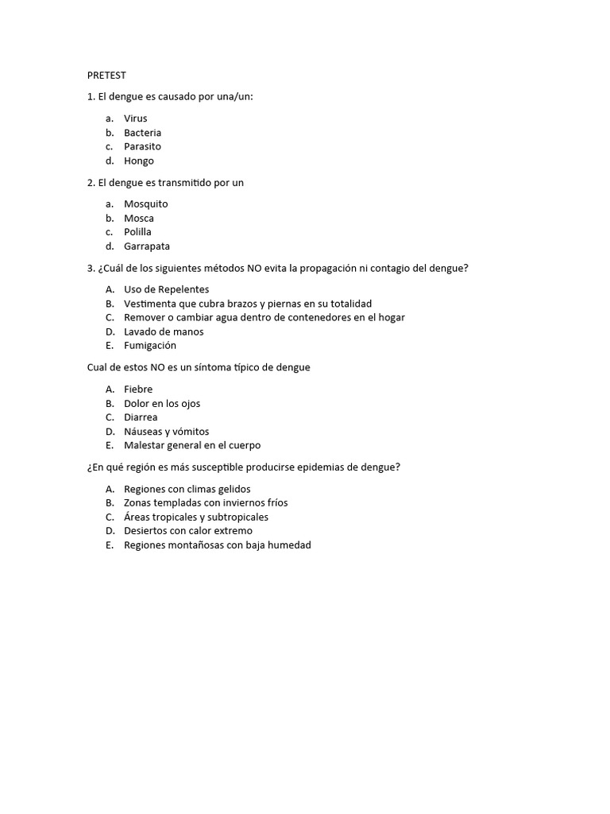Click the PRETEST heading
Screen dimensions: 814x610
click(x=106, y=76)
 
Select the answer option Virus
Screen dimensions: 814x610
click(x=135, y=118)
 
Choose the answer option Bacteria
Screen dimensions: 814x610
click(x=142, y=133)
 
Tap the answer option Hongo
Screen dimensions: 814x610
click(x=138, y=161)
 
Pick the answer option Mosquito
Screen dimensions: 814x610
click(x=145, y=204)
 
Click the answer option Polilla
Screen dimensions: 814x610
click(x=137, y=232)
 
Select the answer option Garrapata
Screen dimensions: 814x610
click(x=146, y=246)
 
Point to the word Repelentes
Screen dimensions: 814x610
click(x=183, y=289)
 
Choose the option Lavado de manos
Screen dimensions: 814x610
click(x=164, y=331)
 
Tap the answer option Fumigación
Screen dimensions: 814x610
click(x=150, y=346)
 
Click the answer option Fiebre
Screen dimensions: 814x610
click(x=138, y=390)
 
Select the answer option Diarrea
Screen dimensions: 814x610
click(x=141, y=417)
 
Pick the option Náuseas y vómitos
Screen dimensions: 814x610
click(x=166, y=432)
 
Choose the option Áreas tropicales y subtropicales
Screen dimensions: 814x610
click(x=195, y=517)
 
